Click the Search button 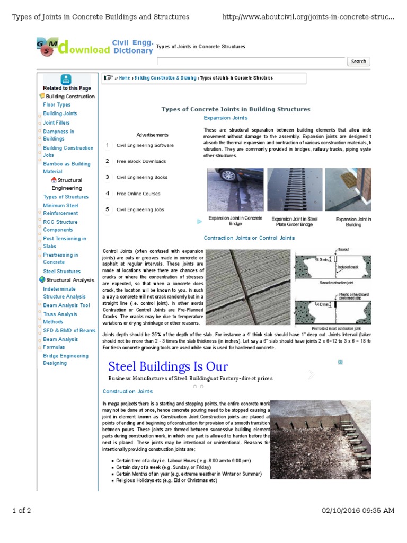(x=358, y=62)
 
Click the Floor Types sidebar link (x=57, y=105)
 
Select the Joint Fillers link (x=56, y=122)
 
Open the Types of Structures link (x=66, y=197)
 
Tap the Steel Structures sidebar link (x=61, y=271)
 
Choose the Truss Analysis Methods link (x=60, y=318)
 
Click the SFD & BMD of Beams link (x=69, y=330)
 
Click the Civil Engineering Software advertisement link (x=145, y=145)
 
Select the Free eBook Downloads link (x=141, y=161)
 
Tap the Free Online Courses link (x=138, y=194)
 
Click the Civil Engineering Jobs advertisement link (x=140, y=209)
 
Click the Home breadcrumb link (x=125, y=78)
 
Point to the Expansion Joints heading (x=225, y=118)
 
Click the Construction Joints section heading (x=127, y=391)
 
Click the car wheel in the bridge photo (x=227, y=176)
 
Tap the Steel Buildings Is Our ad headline (x=168, y=366)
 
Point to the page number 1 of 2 (x=22, y=511)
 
